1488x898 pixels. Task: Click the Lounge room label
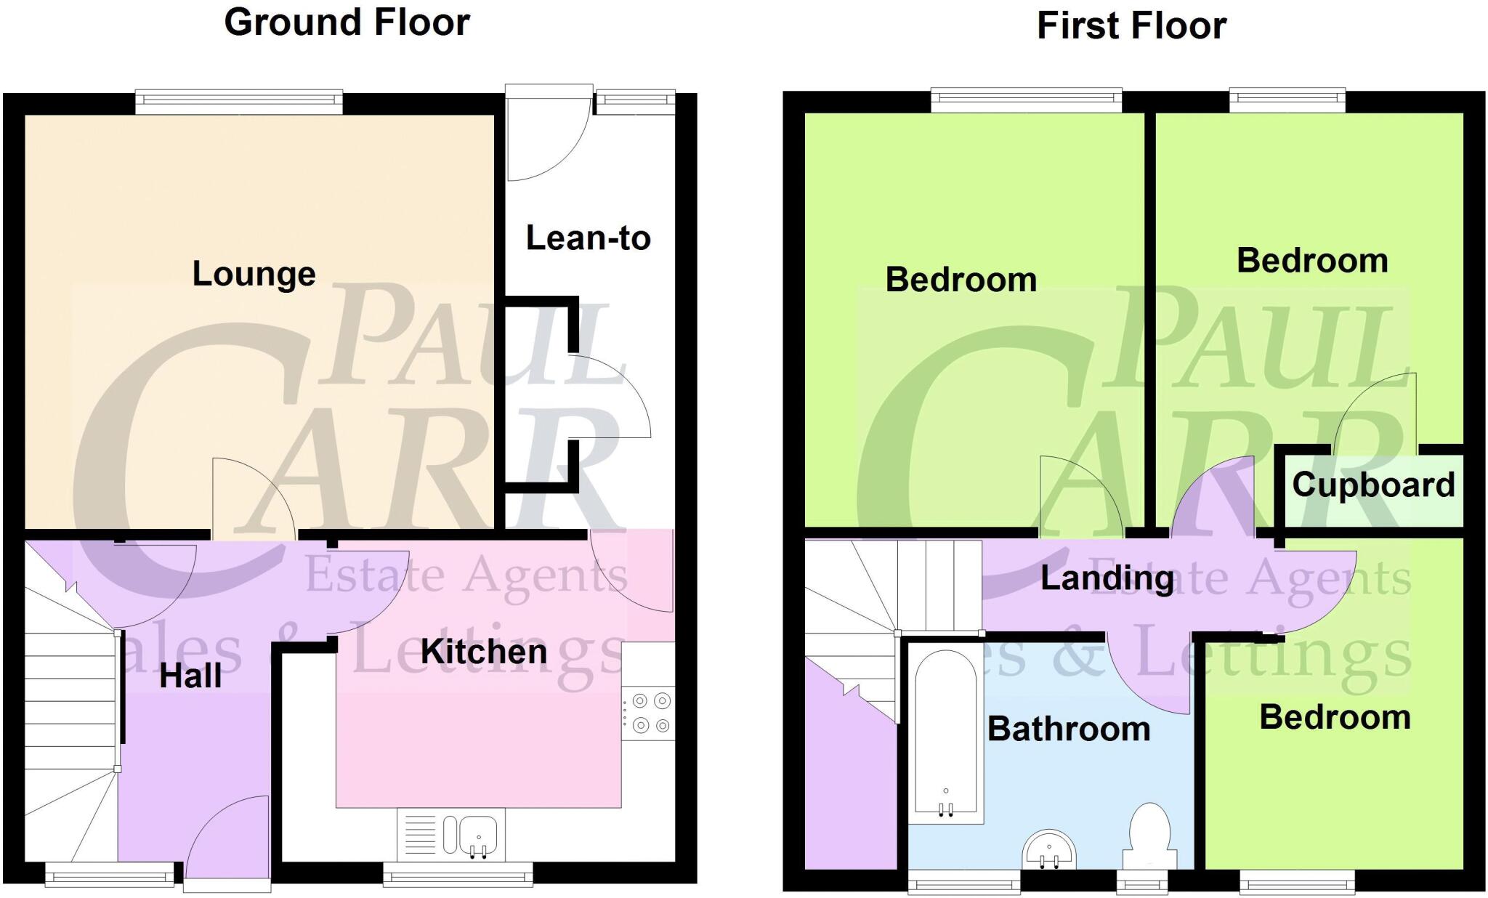254,274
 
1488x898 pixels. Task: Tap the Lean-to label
588,238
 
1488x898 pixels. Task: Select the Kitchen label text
484,652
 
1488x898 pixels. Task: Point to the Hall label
190,676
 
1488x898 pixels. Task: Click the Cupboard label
1373,485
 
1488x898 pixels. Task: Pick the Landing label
1107,578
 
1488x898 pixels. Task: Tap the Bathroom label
1069,729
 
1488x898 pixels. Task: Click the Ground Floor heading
347,22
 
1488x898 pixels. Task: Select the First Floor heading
1131,25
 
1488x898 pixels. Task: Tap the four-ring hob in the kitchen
650,713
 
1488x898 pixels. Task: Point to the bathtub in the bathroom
945,734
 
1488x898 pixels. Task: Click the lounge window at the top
238,102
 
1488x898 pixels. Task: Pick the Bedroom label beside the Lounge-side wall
961,280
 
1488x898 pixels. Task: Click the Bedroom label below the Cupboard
1335,717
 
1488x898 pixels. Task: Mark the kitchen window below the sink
458,875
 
